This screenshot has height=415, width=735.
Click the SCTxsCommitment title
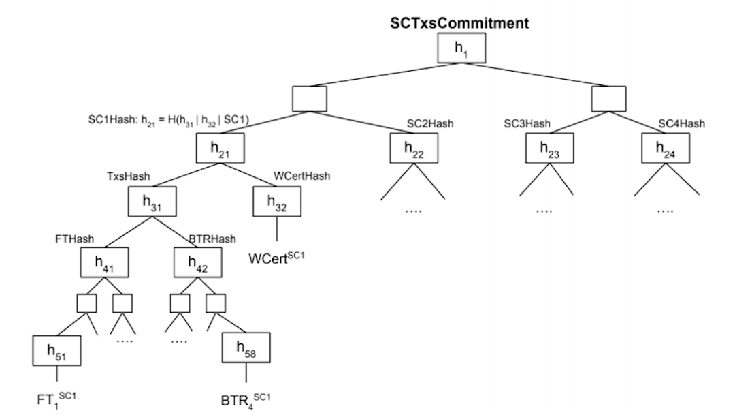point(459,23)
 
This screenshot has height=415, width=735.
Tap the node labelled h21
point(220,148)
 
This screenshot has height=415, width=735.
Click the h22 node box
point(413,148)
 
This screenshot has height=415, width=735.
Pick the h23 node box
point(549,148)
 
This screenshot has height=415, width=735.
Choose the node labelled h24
point(666,148)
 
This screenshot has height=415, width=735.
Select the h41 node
point(104,262)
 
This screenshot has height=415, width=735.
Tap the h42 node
point(199,262)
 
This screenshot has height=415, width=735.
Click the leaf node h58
point(246,348)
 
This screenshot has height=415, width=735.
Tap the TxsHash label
point(128,176)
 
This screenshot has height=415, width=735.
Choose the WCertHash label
point(301,176)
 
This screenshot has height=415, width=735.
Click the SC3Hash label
point(527,123)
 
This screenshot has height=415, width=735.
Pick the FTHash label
point(74,239)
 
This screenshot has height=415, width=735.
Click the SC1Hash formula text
point(168,120)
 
